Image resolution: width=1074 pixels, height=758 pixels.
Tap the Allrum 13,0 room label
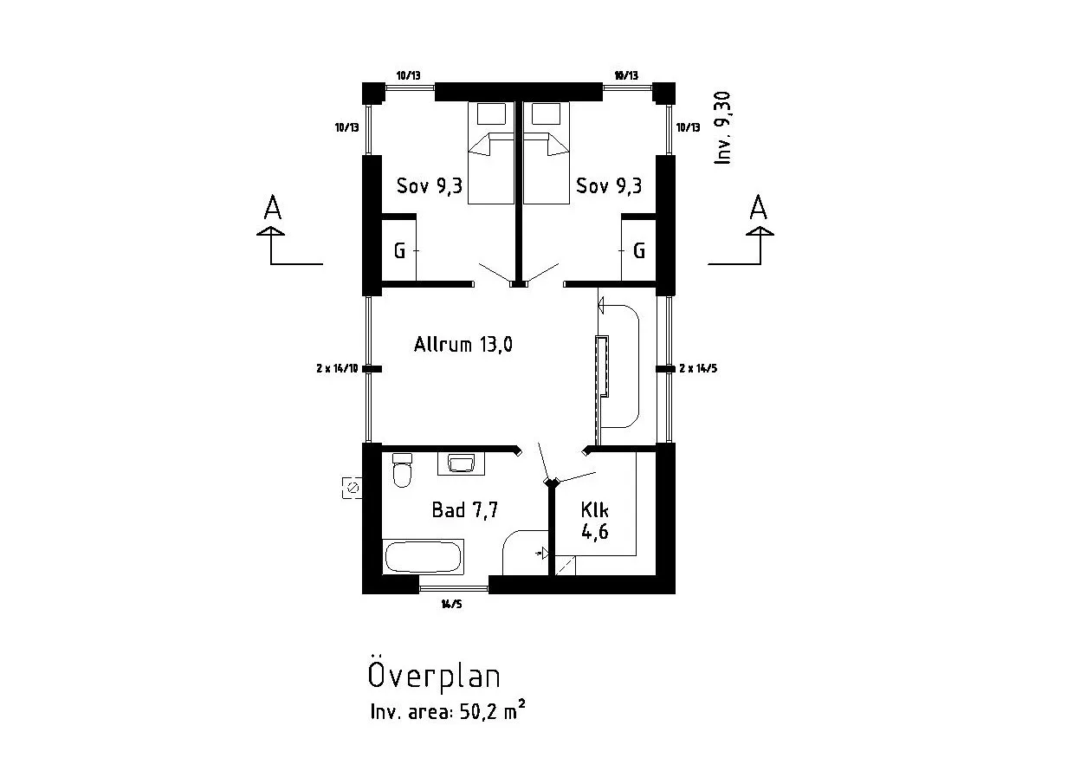click(x=463, y=345)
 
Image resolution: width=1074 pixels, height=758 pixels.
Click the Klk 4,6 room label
click(x=594, y=520)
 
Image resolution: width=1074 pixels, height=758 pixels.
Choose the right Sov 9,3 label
click(x=609, y=185)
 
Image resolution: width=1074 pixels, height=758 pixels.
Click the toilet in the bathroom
click(x=402, y=472)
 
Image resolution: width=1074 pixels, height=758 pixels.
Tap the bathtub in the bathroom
click(x=422, y=557)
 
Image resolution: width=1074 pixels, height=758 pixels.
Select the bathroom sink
click(x=461, y=463)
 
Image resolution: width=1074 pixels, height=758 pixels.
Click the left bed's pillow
click(x=491, y=113)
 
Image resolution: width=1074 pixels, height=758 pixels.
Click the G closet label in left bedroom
click(x=399, y=251)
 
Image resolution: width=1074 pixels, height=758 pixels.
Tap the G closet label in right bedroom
click(x=639, y=251)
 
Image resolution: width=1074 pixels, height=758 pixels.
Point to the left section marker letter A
click(x=273, y=209)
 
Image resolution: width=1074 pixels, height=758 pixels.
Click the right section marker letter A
click(x=759, y=209)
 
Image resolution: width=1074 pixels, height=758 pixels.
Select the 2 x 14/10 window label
click(x=337, y=369)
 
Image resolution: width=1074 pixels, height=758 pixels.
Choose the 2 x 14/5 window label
click(x=698, y=369)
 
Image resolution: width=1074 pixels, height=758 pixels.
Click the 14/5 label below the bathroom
click(x=451, y=605)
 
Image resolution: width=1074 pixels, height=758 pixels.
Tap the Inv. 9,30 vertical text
click(x=724, y=128)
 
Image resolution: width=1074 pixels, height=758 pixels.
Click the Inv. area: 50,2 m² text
click(x=447, y=713)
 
